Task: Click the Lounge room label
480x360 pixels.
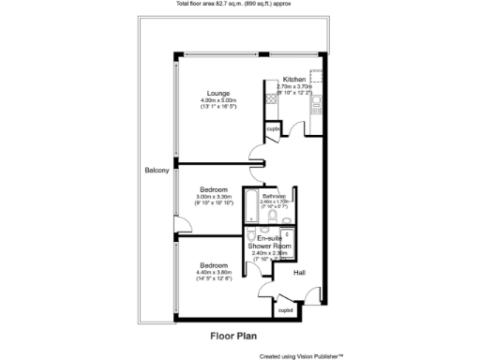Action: coord(220,92)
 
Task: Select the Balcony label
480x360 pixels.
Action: coord(157,170)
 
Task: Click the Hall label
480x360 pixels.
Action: coord(299,273)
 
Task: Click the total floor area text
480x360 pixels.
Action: coord(240,5)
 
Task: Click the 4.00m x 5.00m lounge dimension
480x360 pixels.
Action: coord(220,100)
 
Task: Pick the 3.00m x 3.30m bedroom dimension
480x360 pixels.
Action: coord(213,195)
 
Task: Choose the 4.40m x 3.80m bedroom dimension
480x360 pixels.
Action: coord(213,272)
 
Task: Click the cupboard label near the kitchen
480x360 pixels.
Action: coord(273,128)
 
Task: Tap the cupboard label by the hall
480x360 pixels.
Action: coord(285,308)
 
